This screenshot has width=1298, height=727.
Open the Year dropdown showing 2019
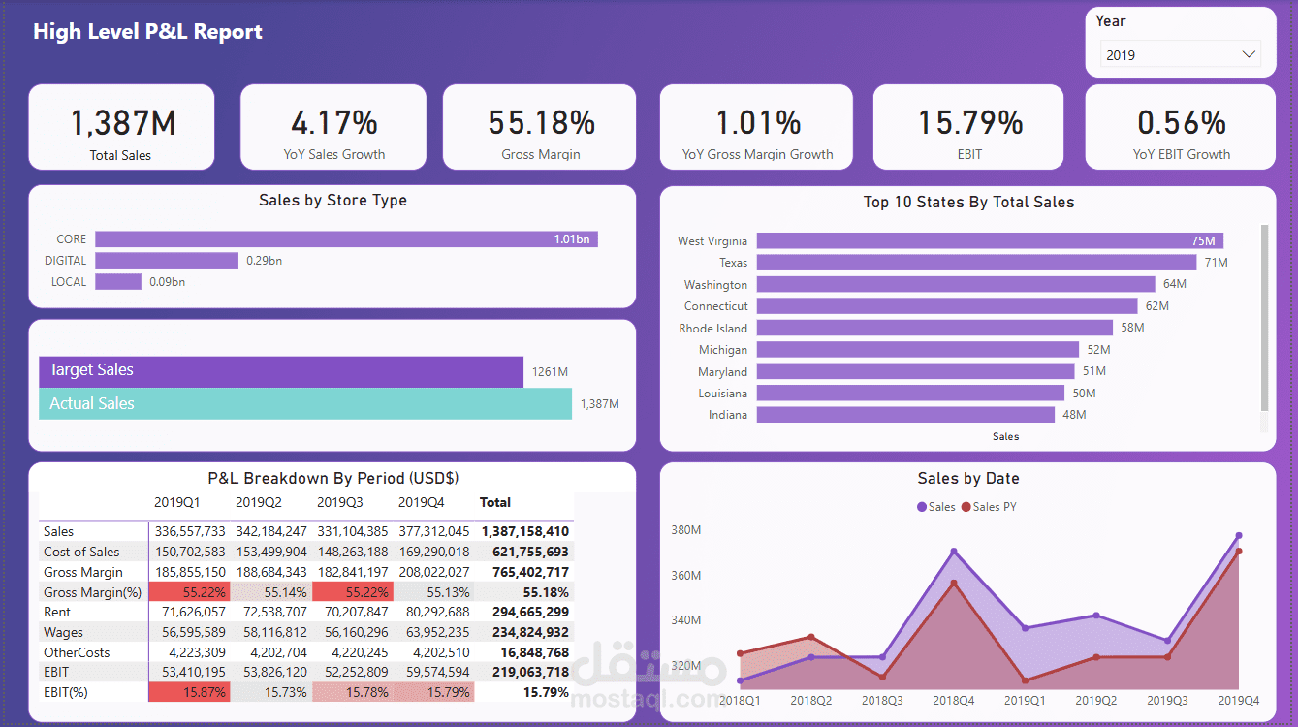pyautogui.click(x=1180, y=55)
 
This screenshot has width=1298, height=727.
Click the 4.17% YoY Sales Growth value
pyautogui.click(x=333, y=123)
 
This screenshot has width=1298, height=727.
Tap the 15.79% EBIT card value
pyautogui.click(x=970, y=123)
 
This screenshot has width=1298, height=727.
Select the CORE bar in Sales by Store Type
pyautogui.click(x=346, y=239)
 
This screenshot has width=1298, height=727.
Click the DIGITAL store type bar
pyautogui.click(x=166, y=261)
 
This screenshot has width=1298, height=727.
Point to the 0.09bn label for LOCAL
pyautogui.click(x=167, y=282)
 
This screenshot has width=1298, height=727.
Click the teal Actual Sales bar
pyautogui.click(x=304, y=404)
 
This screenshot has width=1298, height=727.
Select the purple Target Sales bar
pyautogui.click(x=280, y=370)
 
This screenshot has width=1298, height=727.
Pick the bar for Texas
pyautogui.click(x=976, y=263)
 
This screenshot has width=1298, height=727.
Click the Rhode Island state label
pyautogui.click(x=712, y=329)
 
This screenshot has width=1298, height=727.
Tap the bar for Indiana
pyautogui.click(x=904, y=415)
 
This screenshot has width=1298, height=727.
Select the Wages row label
pyautogui.click(x=63, y=632)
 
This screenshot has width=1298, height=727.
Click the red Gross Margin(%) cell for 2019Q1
pyautogui.click(x=189, y=592)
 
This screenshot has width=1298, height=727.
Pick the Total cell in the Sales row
pyautogui.click(x=523, y=531)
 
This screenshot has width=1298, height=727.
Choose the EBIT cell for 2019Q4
pyautogui.click(x=433, y=672)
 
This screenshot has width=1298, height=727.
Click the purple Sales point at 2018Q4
pyautogui.click(x=954, y=552)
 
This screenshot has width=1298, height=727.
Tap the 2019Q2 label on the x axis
pyautogui.click(x=1095, y=700)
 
